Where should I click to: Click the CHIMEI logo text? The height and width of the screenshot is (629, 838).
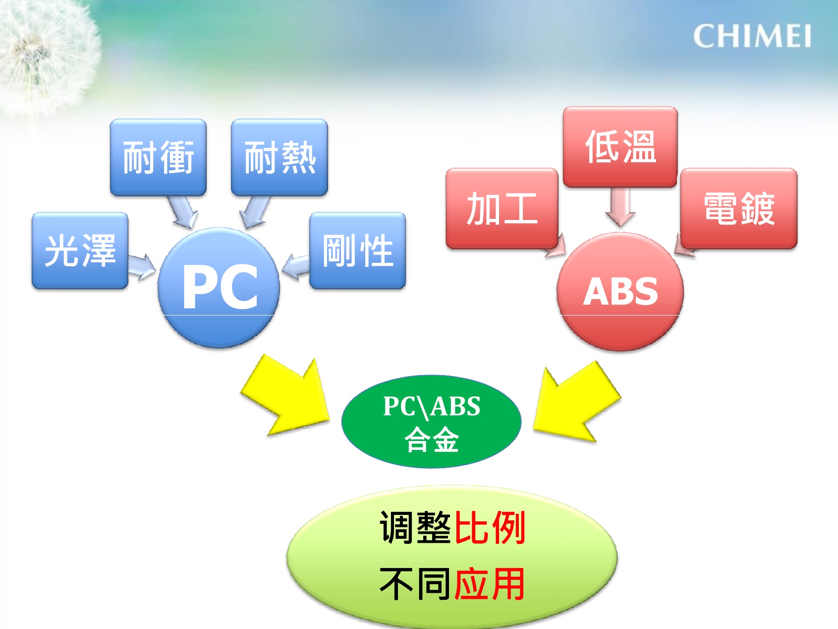pos(752,36)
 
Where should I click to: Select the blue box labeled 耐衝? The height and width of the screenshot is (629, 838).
pos(158,157)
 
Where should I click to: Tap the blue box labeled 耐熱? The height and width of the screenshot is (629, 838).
pos(279,157)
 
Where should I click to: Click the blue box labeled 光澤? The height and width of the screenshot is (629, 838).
pos(80,251)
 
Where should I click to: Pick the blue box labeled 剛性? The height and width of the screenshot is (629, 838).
pos(358,251)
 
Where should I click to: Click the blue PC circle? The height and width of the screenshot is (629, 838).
pos(219,288)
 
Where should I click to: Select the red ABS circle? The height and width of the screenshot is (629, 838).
pos(620,292)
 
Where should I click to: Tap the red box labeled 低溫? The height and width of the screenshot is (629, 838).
pos(620,147)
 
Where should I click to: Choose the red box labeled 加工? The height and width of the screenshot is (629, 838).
pos(503,209)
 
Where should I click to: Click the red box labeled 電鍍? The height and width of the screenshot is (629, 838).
pos(739,209)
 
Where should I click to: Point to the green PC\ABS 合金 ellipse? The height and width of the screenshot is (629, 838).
pos(432,422)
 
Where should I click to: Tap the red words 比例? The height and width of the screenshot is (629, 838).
pos(490,528)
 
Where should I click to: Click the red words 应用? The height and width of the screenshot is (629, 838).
pos(490,584)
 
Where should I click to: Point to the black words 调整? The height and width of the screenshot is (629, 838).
pos(415,528)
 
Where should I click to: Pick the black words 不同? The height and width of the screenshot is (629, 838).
pos(415,584)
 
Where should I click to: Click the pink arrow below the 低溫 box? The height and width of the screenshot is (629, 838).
pos(620,207)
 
